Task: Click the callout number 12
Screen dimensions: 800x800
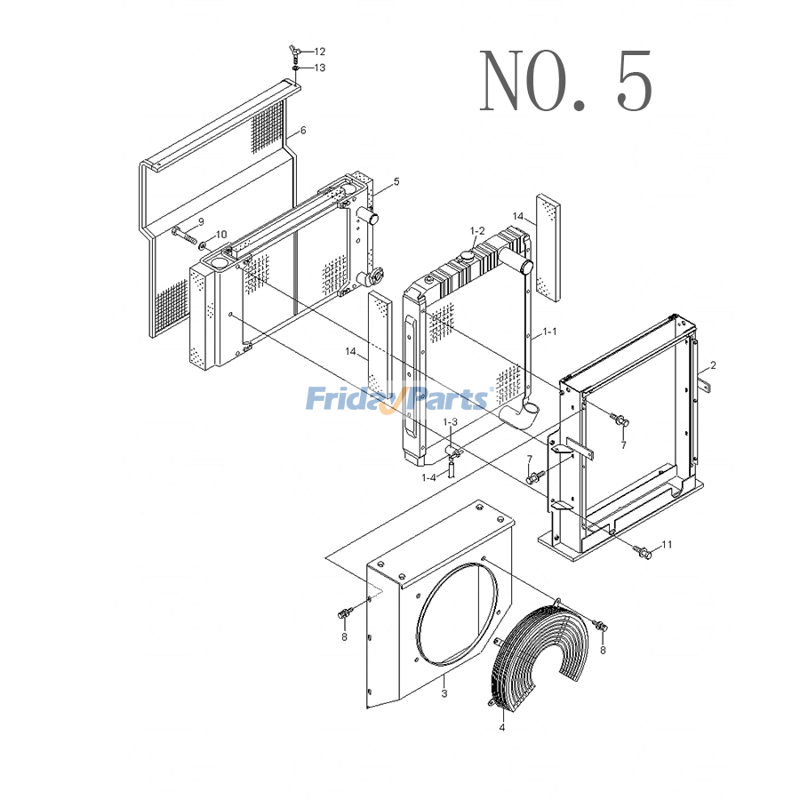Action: [319, 52]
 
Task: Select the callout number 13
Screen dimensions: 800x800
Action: [319, 68]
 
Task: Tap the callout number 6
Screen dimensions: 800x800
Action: [303, 131]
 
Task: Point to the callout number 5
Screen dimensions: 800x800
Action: [396, 181]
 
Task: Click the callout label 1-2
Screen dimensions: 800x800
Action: [477, 231]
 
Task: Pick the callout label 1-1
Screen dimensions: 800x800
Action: [549, 332]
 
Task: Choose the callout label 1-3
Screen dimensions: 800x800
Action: [451, 422]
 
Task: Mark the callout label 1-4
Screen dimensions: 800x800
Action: [429, 477]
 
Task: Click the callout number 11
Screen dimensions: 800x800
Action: [667, 544]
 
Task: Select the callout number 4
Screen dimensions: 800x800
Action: [501, 728]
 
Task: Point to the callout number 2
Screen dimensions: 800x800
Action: [713, 365]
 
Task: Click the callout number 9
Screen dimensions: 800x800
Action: [201, 221]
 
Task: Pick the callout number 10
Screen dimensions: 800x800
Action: [221, 235]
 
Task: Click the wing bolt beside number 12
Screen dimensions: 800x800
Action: [294, 50]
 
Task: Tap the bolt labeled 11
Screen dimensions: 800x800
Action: [644, 553]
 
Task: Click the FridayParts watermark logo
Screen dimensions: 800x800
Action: [397, 399]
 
